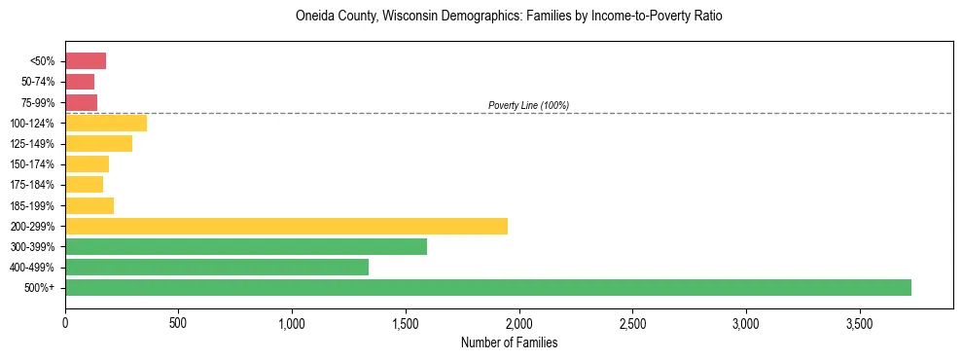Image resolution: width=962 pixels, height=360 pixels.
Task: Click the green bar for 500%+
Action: tap(487, 287)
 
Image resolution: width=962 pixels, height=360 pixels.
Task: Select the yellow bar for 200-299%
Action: tap(286, 226)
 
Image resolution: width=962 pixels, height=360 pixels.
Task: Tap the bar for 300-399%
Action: tap(246, 246)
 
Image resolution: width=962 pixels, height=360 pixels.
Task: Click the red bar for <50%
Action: tap(86, 61)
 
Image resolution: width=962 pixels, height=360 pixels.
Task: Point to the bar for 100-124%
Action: tap(106, 123)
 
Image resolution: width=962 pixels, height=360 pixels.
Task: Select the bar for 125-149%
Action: tap(98, 143)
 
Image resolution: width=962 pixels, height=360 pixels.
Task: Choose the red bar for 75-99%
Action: tap(81, 102)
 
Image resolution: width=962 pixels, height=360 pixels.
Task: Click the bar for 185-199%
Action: tap(89, 205)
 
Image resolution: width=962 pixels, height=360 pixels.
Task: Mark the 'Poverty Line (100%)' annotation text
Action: tap(528, 105)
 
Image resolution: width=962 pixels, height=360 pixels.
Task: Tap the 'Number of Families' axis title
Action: tap(509, 342)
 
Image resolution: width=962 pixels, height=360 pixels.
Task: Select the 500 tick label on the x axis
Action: tap(178, 322)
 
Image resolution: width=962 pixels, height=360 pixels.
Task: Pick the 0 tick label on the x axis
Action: tap(65, 322)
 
